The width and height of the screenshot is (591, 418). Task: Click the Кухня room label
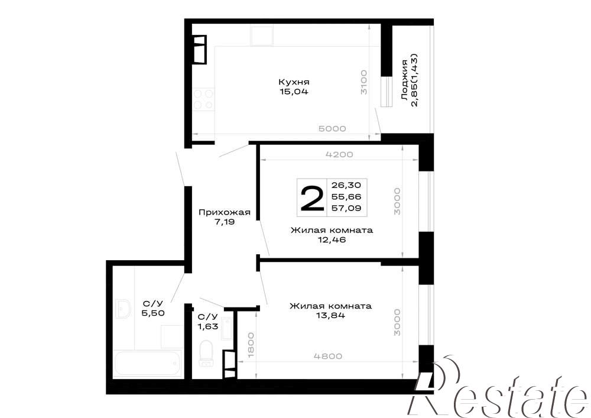click(x=294, y=82)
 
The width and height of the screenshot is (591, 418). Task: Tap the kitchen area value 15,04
click(x=294, y=91)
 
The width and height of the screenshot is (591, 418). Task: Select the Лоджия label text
click(x=404, y=80)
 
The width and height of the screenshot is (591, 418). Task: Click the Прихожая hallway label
click(x=225, y=212)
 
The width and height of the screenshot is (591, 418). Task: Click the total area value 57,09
click(x=346, y=208)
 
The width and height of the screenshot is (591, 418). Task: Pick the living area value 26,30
click(x=346, y=185)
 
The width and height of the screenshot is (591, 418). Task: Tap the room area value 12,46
click(x=332, y=239)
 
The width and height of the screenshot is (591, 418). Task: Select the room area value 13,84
click(x=330, y=316)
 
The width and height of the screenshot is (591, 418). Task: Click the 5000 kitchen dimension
click(x=332, y=128)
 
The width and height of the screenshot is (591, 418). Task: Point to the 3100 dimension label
click(x=363, y=82)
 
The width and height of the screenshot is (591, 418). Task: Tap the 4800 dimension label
click(x=328, y=356)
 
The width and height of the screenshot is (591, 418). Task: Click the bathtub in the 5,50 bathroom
click(x=148, y=363)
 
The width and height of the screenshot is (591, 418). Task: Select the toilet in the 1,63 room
click(x=206, y=353)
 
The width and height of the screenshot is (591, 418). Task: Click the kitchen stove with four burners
click(x=203, y=99)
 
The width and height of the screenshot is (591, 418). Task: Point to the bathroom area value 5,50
click(x=152, y=312)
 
